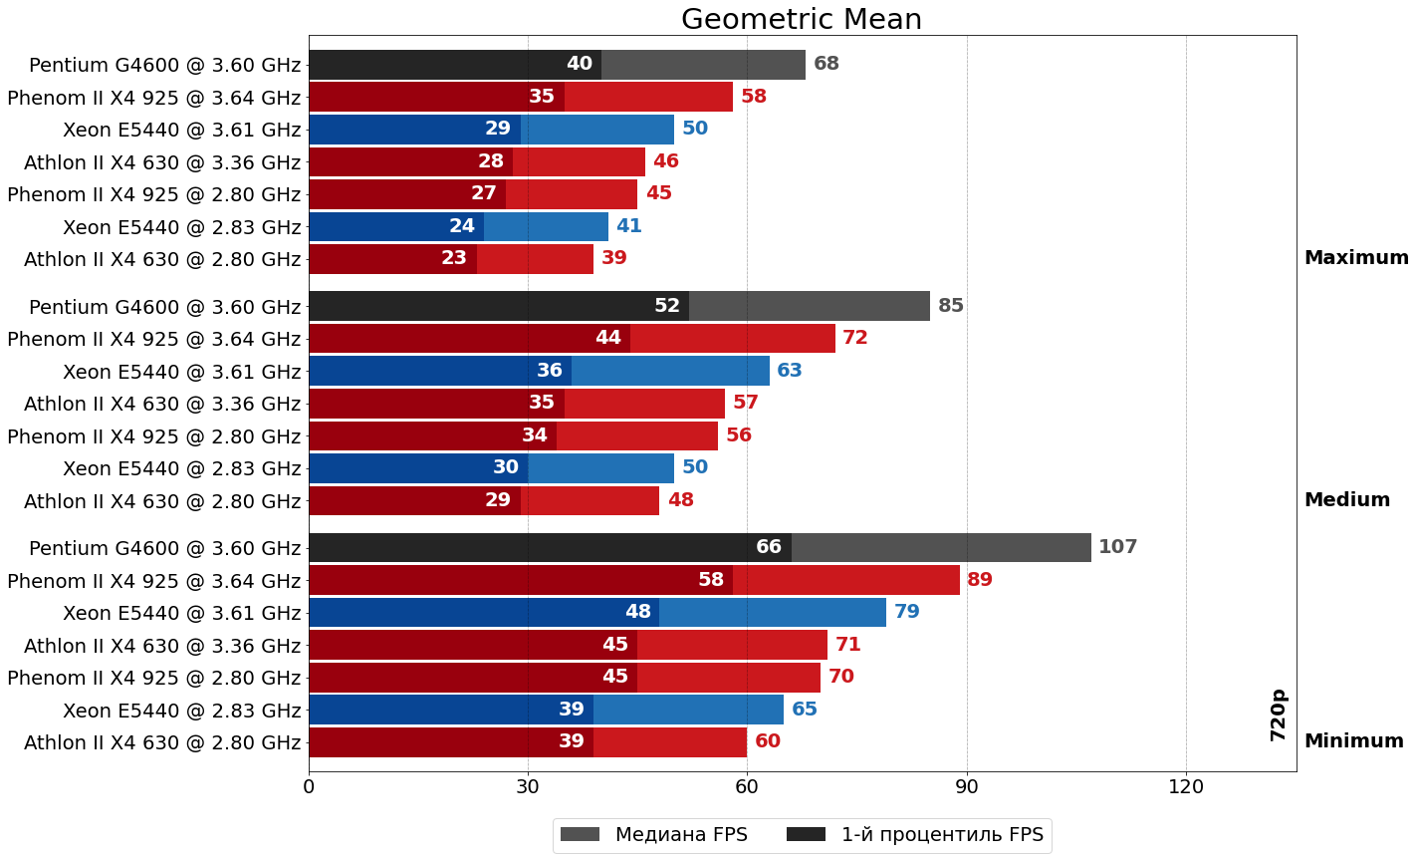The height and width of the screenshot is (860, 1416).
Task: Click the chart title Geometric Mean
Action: pos(801,20)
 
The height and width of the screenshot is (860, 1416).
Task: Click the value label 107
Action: pos(1117,547)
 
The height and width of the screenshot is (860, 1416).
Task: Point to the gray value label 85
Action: pos(950,306)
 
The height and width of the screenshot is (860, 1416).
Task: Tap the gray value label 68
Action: pos(826,64)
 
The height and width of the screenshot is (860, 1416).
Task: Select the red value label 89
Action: pos(979,580)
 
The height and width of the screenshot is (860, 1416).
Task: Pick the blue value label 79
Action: pos(906,612)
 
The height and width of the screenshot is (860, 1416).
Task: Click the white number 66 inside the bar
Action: pos(769,547)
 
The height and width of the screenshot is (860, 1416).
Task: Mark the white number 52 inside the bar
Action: pos(666,306)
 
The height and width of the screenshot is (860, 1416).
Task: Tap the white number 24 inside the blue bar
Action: pos(461,226)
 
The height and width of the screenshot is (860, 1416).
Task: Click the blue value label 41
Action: pos(628,226)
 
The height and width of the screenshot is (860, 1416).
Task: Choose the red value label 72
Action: pos(854,338)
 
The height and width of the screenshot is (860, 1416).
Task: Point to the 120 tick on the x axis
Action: pos(1185,787)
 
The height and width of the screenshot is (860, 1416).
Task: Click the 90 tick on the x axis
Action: pos(966,787)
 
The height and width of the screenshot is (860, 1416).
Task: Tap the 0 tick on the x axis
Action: pos(309,787)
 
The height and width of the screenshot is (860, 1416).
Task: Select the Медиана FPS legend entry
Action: pos(653,835)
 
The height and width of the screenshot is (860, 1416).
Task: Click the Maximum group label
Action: pos(1355,258)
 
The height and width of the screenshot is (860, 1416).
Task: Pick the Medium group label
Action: pos(1346,500)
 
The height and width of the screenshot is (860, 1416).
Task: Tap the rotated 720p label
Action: pos(1279,715)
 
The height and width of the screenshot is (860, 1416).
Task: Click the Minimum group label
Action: pos(1353,741)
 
